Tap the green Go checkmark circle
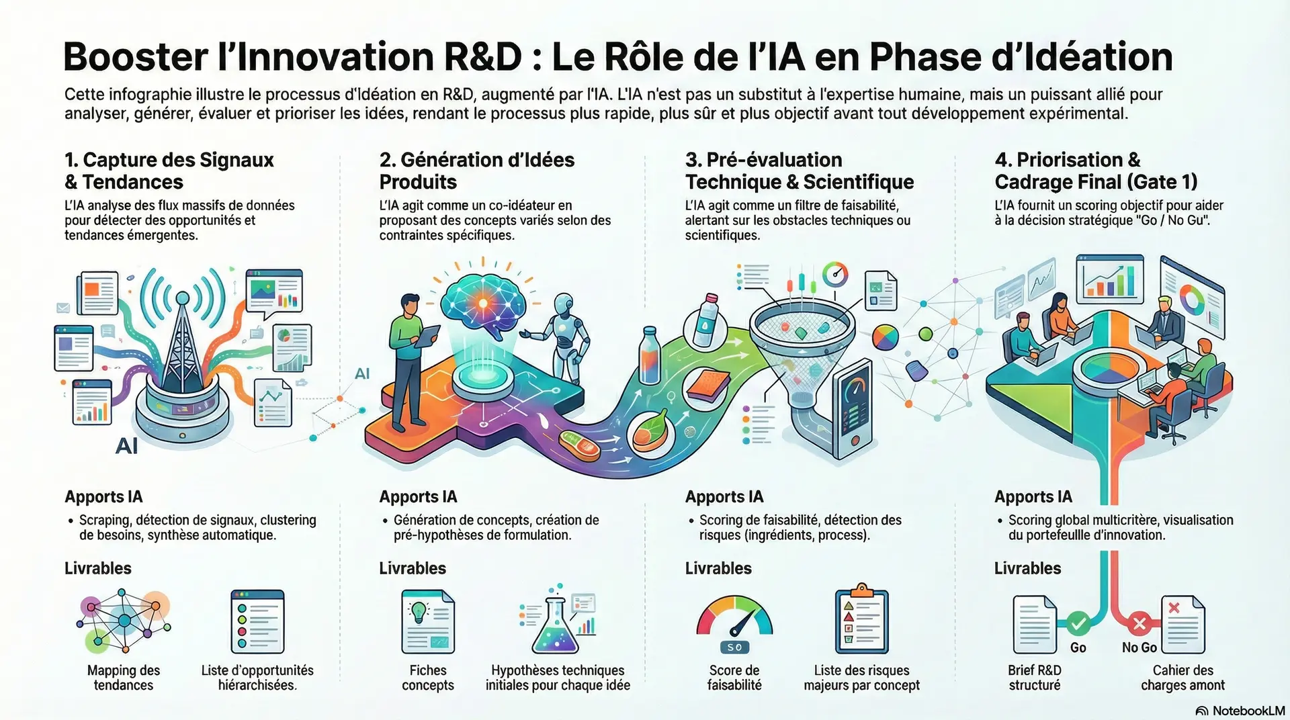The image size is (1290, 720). tap(1078, 624)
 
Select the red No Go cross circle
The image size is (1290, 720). tap(1139, 624)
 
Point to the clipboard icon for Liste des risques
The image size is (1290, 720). tap(861, 619)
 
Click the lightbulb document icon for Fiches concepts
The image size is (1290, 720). tap(428, 621)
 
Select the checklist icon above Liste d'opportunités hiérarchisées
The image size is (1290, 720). tap(257, 621)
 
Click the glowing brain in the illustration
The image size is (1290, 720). tap(482, 303)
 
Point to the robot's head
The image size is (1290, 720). tap(564, 304)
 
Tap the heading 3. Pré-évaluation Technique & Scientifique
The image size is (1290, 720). tap(800, 171)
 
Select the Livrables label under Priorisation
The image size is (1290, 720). tap(1027, 568)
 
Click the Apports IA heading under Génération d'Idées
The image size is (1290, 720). tap(418, 497)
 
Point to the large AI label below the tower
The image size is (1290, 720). tap(126, 446)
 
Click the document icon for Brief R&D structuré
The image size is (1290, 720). tap(1035, 625)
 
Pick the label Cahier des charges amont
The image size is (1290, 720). tap(1182, 678)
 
